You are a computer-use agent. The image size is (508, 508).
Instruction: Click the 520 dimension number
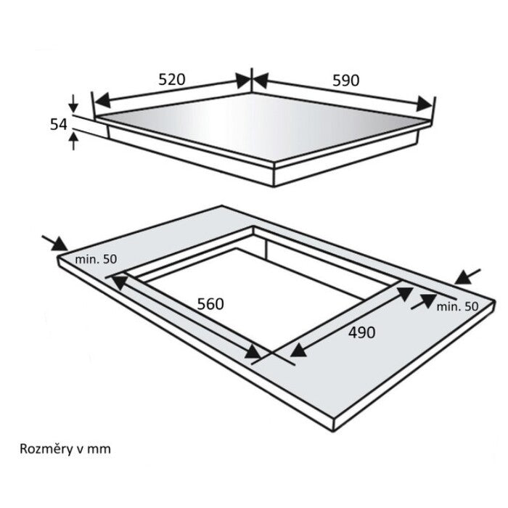click(x=172, y=79)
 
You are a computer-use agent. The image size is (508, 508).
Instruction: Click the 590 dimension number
click(x=346, y=81)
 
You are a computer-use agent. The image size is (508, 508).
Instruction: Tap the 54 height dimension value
click(x=58, y=124)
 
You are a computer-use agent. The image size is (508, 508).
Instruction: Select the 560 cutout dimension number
click(x=210, y=304)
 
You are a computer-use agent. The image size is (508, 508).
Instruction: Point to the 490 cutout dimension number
click(x=362, y=332)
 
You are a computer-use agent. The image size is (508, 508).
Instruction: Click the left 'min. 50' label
click(x=96, y=259)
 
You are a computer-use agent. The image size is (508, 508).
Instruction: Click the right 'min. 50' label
click(x=457, y=306)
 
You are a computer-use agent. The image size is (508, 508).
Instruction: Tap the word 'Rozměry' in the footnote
click(x=46, y=449)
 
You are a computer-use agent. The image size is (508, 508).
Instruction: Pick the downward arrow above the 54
click(x=73, y=103)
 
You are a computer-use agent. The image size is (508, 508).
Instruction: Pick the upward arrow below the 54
click(x=73, y=142)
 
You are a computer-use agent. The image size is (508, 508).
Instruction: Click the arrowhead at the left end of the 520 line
click(x=103, y=101)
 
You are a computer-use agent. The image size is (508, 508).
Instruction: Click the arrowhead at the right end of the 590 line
click(x=425, y=104)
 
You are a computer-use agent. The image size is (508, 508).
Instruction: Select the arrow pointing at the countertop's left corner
click(x=54, y=243)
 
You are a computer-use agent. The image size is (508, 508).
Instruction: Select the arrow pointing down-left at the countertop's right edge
click(x=467, y=277)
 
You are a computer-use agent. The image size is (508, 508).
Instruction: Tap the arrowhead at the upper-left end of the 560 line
click(x=119, y=282)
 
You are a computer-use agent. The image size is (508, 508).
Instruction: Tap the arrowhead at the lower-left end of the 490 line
click(x=298, y=349)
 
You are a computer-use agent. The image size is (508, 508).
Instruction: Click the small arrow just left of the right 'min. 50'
click(x=424, y=301)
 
